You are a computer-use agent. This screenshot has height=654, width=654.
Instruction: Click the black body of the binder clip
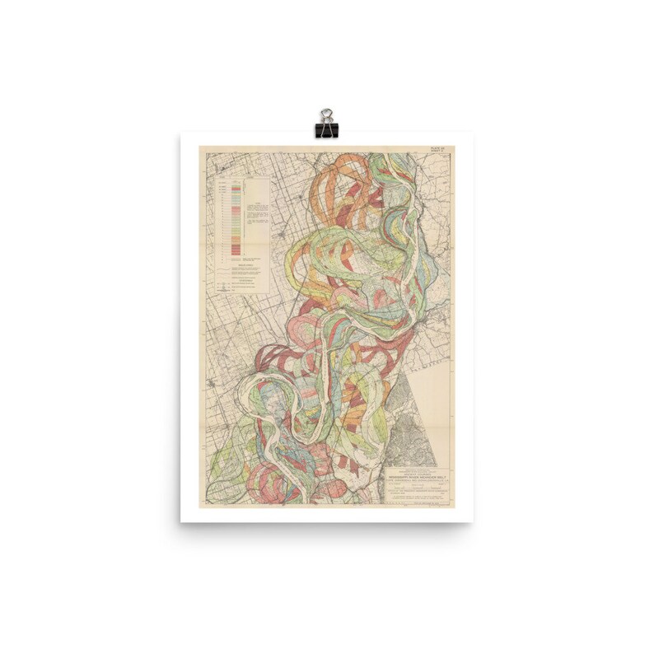point(326,130)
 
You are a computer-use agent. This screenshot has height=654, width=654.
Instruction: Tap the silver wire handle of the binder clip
point(326,114)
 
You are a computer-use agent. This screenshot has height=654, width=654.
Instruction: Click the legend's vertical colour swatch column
point(236,214)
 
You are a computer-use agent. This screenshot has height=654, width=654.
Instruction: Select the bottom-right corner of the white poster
point(472,521)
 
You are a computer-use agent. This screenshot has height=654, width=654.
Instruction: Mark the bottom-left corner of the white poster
point(181,521)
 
